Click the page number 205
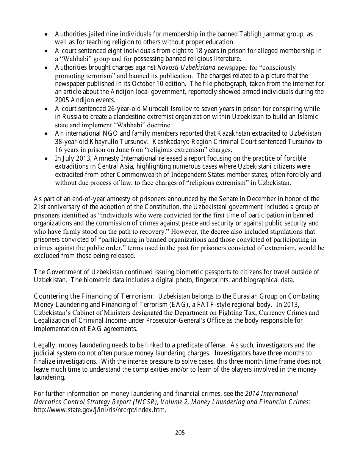[180, 432]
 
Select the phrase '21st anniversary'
[55, 207]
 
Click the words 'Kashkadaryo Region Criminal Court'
[220, 142]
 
